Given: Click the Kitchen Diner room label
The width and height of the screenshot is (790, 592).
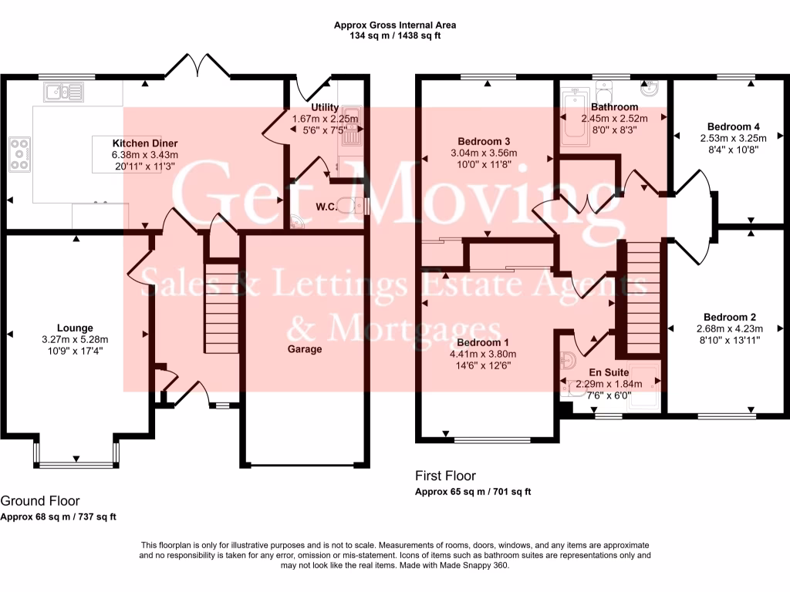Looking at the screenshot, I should click(145, 143).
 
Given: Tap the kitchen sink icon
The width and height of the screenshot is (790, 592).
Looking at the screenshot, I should click(64, 93).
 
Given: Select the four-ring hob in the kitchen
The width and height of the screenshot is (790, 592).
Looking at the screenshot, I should click(20, 153).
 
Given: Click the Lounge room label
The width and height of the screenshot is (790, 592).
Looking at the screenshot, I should click(74, 328).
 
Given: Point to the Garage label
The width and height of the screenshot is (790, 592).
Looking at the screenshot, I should click(305, 349).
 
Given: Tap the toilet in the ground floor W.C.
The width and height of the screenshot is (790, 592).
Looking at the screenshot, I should click(356, 205).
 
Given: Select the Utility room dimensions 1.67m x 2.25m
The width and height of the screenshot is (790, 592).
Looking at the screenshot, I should click(325, 119).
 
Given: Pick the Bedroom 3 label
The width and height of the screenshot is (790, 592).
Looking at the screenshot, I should click(484, 141).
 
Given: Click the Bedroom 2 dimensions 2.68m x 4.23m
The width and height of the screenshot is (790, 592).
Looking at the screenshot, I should click(730, 328).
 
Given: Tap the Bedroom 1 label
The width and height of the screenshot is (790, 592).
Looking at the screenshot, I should click(483, 343).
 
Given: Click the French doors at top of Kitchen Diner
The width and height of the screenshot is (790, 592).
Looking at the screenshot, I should click(197, 66).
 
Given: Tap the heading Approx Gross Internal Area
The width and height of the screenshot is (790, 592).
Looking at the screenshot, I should click(394, 25).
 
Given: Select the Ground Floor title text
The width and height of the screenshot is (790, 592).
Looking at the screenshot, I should click(40, 501).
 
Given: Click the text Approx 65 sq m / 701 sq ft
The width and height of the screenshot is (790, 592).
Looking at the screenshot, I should click(473, 492).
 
